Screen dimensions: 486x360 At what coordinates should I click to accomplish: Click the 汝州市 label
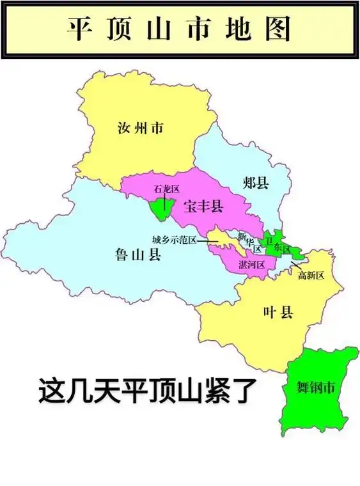click(141, 129)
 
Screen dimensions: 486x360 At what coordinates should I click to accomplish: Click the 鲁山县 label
click(138, 256)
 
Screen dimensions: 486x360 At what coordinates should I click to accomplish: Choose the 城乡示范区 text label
click(174, 240)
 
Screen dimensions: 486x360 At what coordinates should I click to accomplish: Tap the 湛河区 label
click(252, 264)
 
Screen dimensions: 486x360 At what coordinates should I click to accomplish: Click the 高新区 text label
click(311, 276)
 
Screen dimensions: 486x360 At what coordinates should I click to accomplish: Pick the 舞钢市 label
click(317, 388)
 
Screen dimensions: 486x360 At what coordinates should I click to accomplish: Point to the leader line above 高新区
click(295, 264)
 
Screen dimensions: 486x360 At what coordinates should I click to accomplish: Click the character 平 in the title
click(77, 29)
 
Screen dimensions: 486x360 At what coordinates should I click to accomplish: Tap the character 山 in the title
click(157, 29)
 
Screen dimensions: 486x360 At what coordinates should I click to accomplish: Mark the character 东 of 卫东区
click(276, 248)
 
